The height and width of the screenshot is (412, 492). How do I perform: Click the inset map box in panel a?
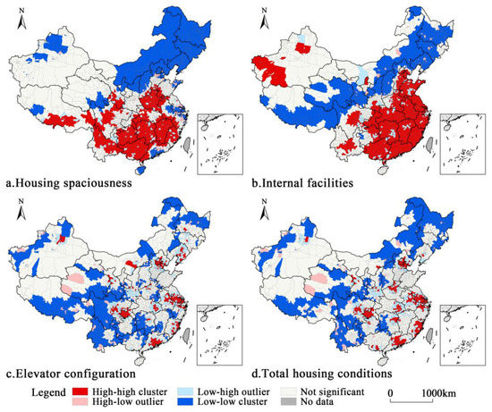pyautogui.click(x=219, y=143)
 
